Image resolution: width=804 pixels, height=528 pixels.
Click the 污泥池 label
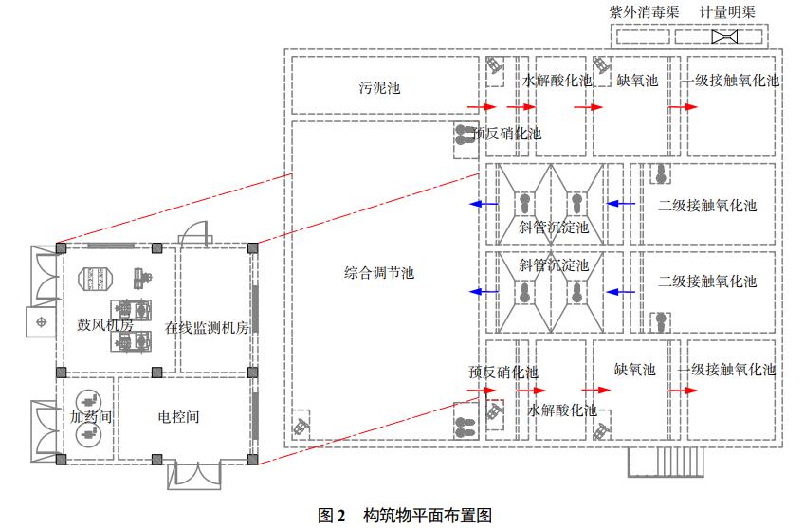(379, 88)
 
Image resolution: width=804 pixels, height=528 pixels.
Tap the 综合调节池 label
(379, 273)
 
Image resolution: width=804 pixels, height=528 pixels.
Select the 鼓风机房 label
(104, 324)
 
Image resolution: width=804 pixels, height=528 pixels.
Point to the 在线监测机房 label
(213, 328)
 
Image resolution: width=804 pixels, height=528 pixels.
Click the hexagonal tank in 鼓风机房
(96, 279)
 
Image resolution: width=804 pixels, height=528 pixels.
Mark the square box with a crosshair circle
(40, 322)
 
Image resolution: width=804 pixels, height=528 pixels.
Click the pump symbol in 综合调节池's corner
(300, 426)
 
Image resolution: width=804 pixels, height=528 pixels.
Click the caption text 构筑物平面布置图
(428, 516)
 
